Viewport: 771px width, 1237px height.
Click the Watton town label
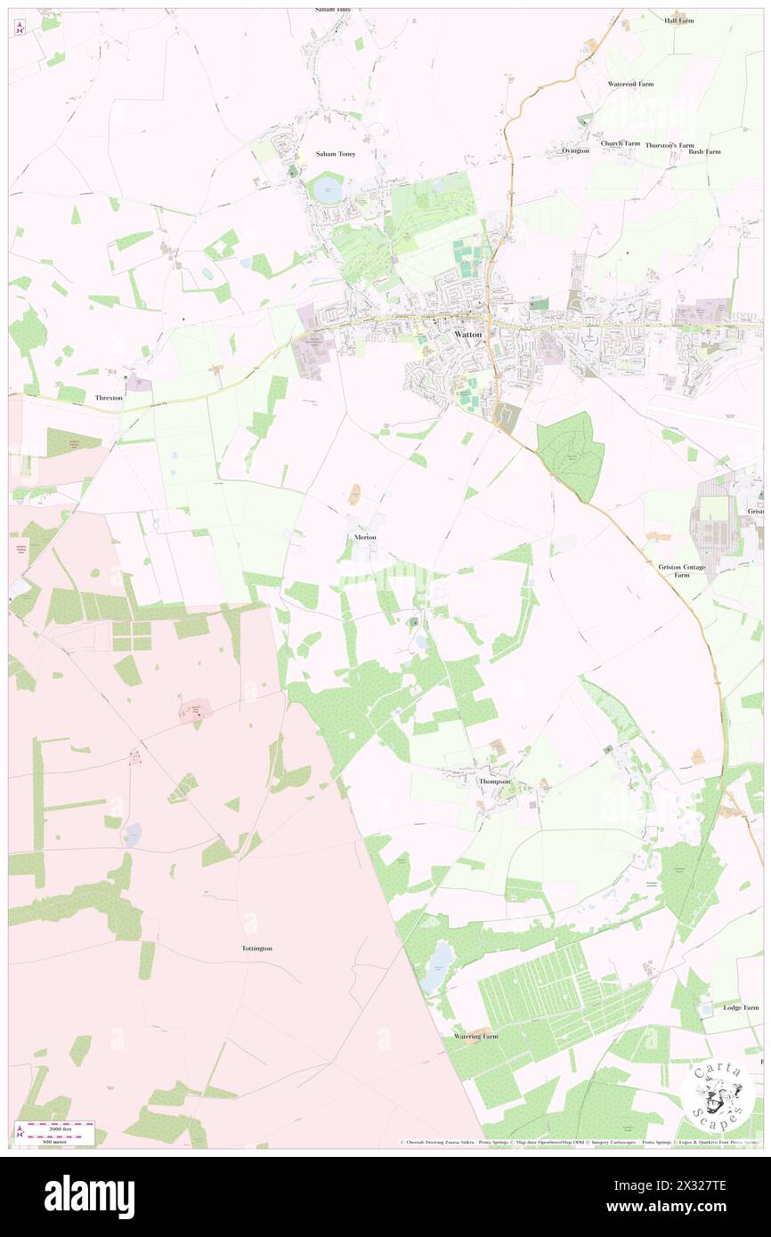click(x=468, y=335)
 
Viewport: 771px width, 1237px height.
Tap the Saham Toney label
click(x=336, y=154)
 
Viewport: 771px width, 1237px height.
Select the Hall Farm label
click(x=678, y=20)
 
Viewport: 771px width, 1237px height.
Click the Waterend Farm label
click(x=630, y=84)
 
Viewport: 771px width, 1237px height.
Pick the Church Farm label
click(x=620, y=143)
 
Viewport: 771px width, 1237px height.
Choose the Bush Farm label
click(x=704, y=152)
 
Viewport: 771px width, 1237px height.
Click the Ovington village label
click(x=575, y=151)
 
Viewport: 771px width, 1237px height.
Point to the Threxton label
click(x=109, y=398)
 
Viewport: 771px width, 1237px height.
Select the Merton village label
click(x=364, y=538)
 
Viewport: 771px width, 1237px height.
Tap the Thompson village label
click(x=495, y=781)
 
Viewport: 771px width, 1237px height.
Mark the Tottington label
click(x=256, y=949)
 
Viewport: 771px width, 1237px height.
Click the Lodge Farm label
click(x=741, y=1007)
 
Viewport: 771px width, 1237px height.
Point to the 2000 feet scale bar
click(x=55, y=1126)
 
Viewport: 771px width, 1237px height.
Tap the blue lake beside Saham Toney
click(x=326, y=188)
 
